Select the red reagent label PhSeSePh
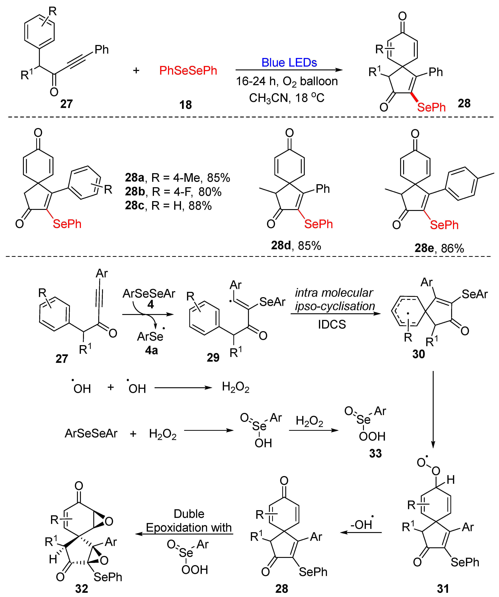188,71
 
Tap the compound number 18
185,105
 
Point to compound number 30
419,354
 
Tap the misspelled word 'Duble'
189,514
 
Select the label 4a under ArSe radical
151,350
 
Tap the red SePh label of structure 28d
318,224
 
